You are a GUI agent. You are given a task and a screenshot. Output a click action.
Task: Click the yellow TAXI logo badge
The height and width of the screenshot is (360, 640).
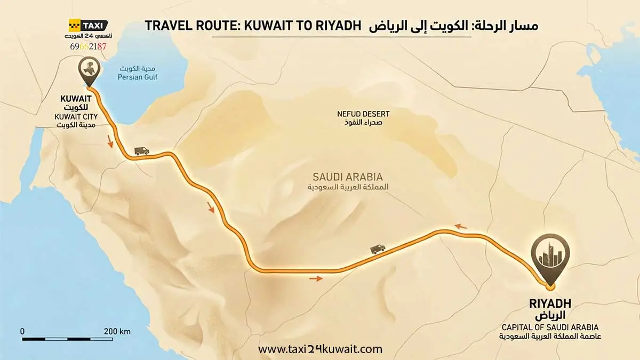(x=88, y=25)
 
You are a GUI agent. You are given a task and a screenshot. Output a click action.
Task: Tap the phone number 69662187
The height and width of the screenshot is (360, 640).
(x=88, y=46)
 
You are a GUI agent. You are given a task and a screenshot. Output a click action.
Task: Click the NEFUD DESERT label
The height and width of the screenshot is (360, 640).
(x=363, y=114)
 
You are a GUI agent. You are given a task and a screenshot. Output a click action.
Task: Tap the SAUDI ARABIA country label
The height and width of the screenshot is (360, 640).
(x=347, y=177)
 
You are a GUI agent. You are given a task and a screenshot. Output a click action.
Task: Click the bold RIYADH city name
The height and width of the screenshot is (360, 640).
(x=550, y=304)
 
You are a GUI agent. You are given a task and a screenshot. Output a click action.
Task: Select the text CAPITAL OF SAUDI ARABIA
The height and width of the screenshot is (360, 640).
(x=550, y=327)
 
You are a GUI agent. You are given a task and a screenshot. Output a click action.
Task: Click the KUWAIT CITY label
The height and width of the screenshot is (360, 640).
(x=76, y=116)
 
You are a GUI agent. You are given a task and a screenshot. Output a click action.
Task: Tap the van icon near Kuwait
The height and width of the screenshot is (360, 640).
(x=142, y=151)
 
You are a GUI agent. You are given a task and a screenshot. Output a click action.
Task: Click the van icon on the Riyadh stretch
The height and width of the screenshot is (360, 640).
(x=377, y=249)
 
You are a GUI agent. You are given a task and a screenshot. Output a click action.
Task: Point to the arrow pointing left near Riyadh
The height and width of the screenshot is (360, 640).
(x=460, y=227)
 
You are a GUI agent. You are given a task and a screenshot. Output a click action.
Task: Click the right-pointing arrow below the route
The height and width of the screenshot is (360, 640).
(x=316, y=278)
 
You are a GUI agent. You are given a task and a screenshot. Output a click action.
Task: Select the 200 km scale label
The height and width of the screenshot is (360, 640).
(x=117, y=331)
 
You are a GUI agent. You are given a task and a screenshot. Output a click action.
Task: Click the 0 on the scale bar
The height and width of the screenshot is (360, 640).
(x=22, y=331)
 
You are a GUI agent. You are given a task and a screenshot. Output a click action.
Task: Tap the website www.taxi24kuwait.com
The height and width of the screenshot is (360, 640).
(x=320, y=349)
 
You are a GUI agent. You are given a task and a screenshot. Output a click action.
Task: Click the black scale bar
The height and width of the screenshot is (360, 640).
(x=67, y=339)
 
